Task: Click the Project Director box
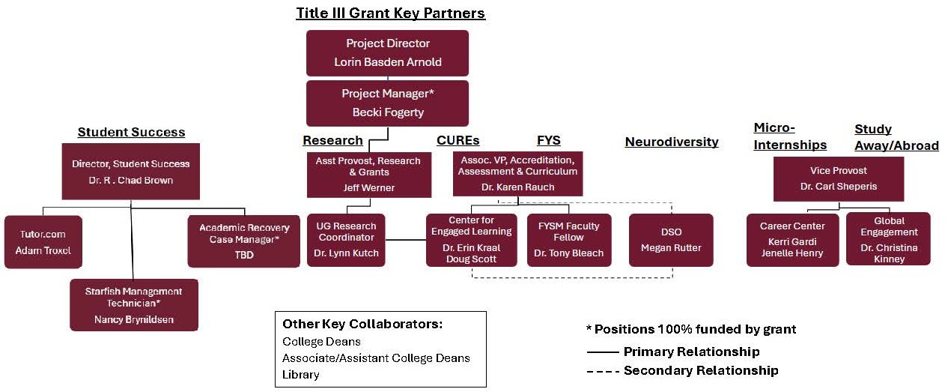point(387,52)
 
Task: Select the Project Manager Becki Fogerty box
point(387,103)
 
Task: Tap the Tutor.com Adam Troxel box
point(43,242)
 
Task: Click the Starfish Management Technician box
point(134,304)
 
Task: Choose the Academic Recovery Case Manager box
point(243,241)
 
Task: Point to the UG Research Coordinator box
point(346,240)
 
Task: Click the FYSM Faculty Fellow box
point(569,240)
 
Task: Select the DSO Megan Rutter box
point(671,240)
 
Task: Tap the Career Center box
point(792,240)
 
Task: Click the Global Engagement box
point(888,239)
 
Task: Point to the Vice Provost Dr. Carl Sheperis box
point(838,178)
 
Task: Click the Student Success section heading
point(131,133)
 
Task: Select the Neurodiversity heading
point(672,142)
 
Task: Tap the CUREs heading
point(458,140)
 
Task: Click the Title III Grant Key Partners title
point(390,13)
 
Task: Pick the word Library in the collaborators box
point(300,374)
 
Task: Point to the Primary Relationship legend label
point(691,352)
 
